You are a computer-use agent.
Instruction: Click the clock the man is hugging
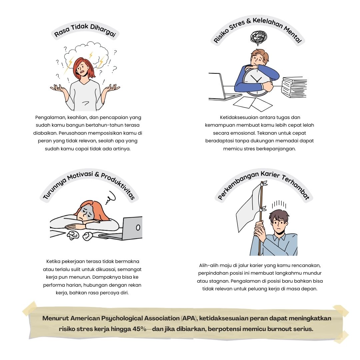click(x=257, y=82)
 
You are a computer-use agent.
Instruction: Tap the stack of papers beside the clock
click(x=294, y=87)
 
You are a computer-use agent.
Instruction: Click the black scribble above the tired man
click(x=259, y=37)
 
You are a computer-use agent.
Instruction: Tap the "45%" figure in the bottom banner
click(x=139, y=329)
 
